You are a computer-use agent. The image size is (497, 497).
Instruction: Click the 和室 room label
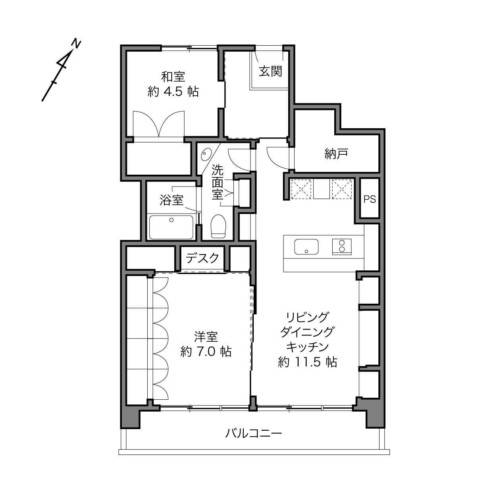173,77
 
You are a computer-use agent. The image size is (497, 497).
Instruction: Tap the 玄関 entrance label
270,71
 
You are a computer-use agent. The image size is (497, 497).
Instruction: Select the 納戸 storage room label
336,154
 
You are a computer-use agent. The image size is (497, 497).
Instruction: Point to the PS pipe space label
370,199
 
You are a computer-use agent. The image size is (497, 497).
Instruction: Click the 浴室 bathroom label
171,200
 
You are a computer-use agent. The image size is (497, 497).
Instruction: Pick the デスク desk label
202,258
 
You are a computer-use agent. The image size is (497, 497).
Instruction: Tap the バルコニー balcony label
254,433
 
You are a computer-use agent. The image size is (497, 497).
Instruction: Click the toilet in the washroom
218,226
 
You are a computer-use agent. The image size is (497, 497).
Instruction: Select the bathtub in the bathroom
171,227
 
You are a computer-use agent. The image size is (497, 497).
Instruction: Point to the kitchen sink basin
306,247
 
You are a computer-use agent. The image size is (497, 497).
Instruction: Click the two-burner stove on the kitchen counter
342,247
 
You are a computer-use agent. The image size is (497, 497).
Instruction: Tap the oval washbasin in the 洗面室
206,154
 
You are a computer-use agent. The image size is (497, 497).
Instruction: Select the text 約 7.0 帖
206,351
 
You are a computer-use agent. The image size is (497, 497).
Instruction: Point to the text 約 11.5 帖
307,362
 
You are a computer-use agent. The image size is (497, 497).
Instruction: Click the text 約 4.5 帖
173,91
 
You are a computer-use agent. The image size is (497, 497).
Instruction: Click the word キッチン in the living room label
307,347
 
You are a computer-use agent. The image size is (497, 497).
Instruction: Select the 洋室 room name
206,337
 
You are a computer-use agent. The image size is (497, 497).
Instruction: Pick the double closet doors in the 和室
159,124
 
